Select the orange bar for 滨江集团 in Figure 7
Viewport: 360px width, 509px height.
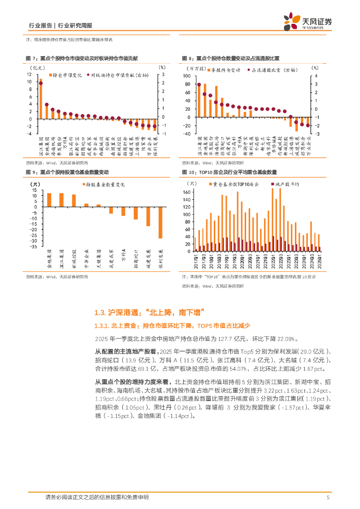[x=41, y=99]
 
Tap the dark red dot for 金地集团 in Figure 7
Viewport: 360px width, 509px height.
[x=47, y=105]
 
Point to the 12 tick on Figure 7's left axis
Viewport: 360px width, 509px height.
[x=30, y=74]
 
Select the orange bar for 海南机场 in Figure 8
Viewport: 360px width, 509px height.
[x=216, y=102]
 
